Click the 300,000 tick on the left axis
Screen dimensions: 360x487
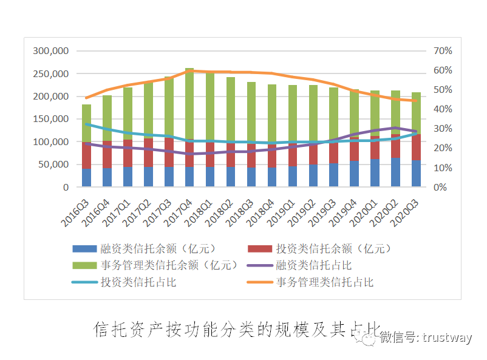tap(52, 51)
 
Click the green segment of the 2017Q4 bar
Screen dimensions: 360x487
tap(189, 103)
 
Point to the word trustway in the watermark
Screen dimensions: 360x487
tap(447, 338)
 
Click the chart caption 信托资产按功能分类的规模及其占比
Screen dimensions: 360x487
tap(237, 330)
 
